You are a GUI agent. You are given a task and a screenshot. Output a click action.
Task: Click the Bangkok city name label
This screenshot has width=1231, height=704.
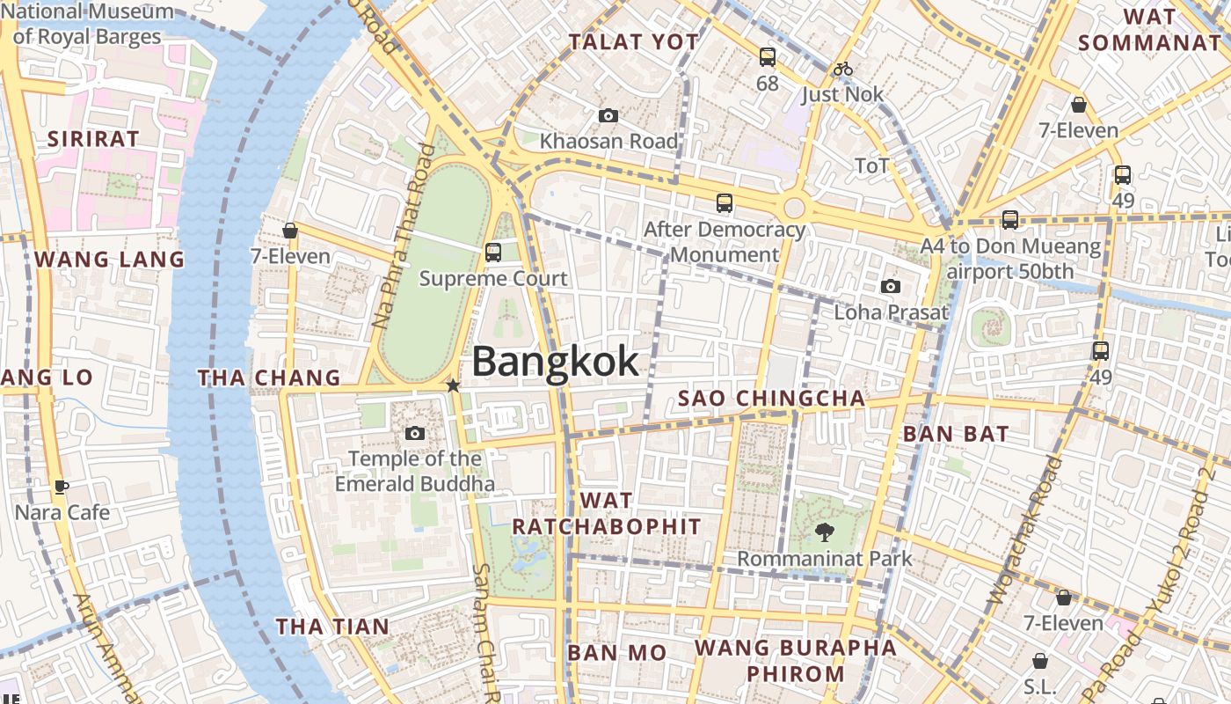point(555,362)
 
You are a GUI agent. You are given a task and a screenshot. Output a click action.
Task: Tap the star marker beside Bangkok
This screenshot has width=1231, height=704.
point(453,385)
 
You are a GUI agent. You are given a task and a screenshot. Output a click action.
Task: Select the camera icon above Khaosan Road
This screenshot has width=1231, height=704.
point(608,116)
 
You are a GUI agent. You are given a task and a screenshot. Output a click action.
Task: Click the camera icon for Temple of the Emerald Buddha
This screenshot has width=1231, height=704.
point(415,433)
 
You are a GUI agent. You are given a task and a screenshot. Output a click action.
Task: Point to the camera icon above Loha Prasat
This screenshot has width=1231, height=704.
point(891,287)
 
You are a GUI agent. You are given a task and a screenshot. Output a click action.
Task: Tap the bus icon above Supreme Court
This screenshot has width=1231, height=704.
point(493,253)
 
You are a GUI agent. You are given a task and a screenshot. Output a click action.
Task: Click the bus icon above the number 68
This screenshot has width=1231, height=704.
point(768,58)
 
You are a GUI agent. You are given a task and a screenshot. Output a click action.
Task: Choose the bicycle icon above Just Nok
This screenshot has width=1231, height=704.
point(843,69)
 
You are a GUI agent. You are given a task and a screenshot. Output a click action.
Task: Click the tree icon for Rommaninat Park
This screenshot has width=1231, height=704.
point(824,532)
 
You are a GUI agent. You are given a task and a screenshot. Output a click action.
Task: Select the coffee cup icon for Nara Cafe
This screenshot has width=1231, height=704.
point(61,487)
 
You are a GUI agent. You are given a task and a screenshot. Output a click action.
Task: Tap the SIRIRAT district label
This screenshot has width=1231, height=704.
point(93,139)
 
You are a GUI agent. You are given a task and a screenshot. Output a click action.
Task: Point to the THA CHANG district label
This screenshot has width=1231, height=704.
point(268,378)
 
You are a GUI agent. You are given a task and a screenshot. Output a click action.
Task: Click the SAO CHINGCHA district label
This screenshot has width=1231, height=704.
point(771,399)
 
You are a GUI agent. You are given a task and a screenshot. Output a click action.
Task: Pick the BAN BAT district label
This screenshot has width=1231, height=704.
point(956,434)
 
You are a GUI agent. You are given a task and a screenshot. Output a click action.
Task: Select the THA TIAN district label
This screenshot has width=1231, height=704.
point(332,627)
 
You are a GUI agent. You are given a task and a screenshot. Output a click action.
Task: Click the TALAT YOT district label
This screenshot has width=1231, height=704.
point(633,42)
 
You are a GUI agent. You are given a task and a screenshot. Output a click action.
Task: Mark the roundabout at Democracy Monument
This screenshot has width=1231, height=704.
point(794,208)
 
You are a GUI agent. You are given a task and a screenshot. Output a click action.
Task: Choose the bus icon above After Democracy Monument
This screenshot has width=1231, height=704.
point(725,203)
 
